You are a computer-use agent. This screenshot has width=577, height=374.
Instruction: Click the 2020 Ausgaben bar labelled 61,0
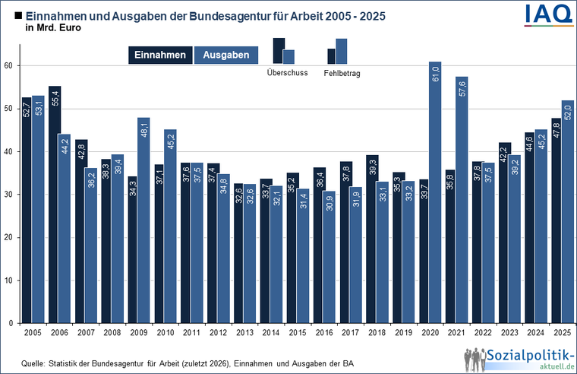click(435, 192)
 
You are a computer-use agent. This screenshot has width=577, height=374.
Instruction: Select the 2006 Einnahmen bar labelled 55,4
click(55, 204)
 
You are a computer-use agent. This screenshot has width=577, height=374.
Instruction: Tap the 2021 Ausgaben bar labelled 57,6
click(462, 200)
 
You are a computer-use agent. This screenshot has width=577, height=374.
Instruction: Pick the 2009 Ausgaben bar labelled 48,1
click(144, 220)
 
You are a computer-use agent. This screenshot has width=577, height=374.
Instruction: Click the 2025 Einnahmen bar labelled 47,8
click(556, 220)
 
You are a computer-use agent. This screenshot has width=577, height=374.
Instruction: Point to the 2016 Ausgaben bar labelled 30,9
click(329, 257)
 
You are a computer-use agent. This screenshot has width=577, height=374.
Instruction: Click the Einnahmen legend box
click(160, 55)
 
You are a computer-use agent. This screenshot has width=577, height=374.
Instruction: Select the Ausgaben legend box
click(226, 55)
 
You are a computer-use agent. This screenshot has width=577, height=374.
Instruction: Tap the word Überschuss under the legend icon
click(288, 72)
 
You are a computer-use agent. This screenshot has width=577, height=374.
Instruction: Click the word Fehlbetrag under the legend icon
click(342, 73)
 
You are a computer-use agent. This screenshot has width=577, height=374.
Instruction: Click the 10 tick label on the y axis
click(8, 280)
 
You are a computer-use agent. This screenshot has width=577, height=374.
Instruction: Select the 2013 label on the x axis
click(244, 333)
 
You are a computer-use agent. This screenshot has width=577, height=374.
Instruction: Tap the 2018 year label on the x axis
click(377, 333)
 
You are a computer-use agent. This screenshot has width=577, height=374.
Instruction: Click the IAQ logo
click(548, 15)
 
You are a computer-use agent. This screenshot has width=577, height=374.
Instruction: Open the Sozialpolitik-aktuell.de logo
click(519, 360)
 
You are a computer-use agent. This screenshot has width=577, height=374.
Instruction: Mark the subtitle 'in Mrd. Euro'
click(53, 28)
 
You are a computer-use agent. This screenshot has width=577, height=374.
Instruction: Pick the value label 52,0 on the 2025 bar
click(568, 113)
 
